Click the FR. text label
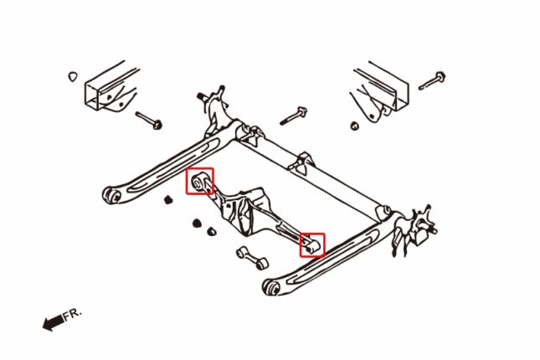(x=72, y=315)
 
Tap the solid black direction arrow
(x=53, y=323)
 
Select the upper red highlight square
(x=200, y=181)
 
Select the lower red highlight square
(x=312, y=245)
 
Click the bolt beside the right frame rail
(x=432, y=80)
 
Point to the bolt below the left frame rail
(x=149, y=121)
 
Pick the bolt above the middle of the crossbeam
(x=293, y=116)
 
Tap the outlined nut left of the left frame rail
(x=72, y=76)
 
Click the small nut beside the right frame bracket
(x=355, y=126)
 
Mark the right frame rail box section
(x=380, y=91)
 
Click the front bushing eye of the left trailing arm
(x=112, y=195)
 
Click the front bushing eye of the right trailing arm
(x=272, y=287)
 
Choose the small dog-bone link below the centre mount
(x=253, y=257)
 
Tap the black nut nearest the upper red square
(x=167, y=199)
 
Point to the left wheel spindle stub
(x=202, y=96)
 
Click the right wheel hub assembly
(x=414, y=229)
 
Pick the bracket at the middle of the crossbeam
(x=301, y=162)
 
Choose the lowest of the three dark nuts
(x=212, y=231)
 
